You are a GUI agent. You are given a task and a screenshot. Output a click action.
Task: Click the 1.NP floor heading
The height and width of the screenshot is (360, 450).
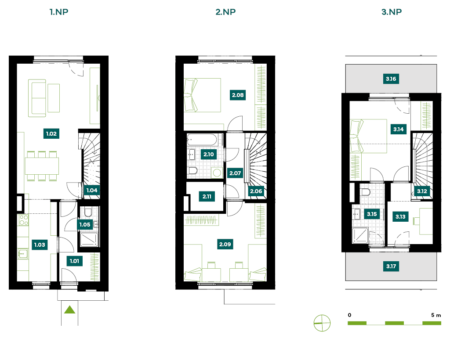tap(59, 12)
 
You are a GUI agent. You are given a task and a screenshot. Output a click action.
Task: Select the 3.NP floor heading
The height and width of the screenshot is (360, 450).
tap(392, 12)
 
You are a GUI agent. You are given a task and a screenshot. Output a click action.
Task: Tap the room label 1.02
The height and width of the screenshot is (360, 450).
tap(51, 133)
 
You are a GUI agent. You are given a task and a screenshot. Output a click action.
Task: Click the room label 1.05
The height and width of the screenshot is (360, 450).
tap(85, 225)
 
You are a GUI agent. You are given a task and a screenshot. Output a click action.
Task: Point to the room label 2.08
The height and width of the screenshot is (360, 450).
tap(238, 95)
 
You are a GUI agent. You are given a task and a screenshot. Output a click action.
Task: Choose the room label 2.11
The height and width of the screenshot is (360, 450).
tap(207, 197)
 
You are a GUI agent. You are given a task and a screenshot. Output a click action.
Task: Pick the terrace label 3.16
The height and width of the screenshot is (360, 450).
tap(391, 79)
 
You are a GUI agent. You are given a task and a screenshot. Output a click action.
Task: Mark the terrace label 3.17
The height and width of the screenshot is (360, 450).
tap(391, 266)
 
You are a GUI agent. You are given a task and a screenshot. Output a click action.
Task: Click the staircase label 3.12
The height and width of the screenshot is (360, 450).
tap(422, 191)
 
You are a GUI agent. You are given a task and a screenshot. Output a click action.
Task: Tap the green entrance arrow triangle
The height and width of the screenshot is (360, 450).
tap(70, 310)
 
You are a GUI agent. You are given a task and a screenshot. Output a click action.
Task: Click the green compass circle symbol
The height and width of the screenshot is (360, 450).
tap(322, 323)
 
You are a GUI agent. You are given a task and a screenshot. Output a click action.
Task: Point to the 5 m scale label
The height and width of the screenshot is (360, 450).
tap(436, 315)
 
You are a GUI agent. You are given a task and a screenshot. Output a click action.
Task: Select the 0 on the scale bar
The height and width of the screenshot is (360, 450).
tap(349, 315)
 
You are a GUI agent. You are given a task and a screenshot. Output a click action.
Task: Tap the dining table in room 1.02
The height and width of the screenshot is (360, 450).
tap(42, 166)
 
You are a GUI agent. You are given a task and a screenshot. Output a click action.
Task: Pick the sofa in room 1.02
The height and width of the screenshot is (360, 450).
tap(37, 98)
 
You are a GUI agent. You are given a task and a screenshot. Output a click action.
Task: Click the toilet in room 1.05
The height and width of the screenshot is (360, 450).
tap(88, 212)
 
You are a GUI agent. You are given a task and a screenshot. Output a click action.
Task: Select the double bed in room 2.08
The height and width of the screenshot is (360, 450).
tap(202, 95)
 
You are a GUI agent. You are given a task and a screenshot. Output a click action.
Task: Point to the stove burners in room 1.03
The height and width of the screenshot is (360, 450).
tap(24, 220)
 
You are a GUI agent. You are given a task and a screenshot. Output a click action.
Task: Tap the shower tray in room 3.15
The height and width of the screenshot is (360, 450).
tap(360, 235)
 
